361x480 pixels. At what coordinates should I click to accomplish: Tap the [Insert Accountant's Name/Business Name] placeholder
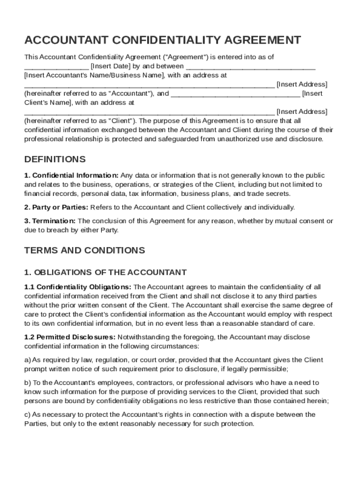click(x=94, y=75)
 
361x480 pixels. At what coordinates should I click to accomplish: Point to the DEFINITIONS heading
click(x=55, y=159)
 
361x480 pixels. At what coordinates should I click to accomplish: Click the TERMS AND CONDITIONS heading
click(x=84, y=250)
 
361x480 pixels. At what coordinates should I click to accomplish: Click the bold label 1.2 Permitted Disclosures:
click(x=69, y=337)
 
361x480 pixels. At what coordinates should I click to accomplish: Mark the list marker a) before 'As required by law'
click(x=27, y=360)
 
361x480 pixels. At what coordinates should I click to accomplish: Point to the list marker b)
click(x=27, y=382)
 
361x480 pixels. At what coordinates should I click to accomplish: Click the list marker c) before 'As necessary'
click(x=27, y=414)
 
